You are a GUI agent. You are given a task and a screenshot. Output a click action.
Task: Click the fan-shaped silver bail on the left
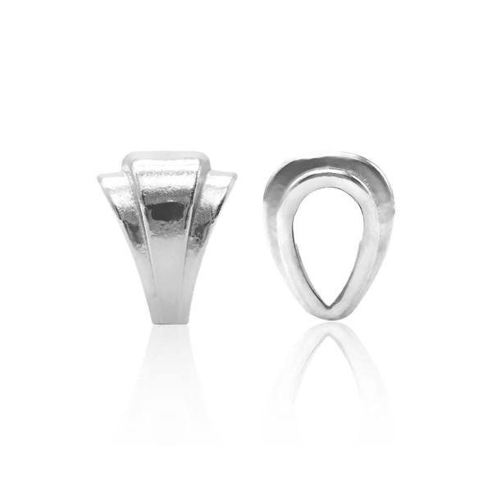point(163,230)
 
